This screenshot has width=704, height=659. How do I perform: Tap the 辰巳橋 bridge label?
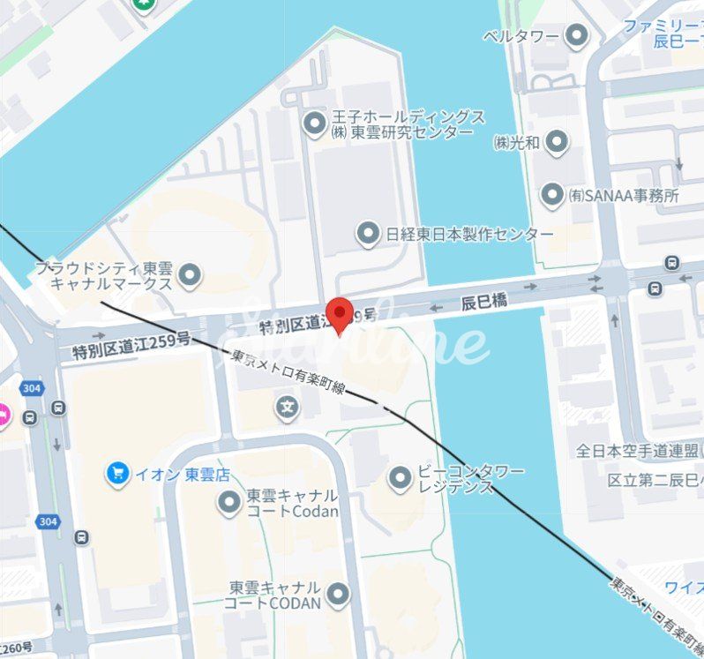click(484, 302)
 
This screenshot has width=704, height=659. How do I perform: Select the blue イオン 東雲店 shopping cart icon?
click(117, 474)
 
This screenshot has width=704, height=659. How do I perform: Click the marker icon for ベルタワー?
click(577, 36)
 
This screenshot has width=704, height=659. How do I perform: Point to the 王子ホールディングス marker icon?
click(314, 124)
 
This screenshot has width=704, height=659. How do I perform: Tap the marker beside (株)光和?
click(556, 141)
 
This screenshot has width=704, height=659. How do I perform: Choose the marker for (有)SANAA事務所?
click(552, 195)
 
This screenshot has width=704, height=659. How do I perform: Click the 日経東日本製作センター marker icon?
click(368, 234)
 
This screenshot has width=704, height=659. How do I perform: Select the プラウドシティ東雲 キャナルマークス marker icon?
click(189, 276)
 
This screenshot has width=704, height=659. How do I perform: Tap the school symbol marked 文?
click(286, 407)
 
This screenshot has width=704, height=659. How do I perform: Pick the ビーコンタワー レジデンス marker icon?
click(400, 478)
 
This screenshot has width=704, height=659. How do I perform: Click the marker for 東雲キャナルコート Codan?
click(229, 503)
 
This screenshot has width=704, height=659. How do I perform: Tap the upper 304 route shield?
click(33, 388)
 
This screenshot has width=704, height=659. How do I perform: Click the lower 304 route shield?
click(48, 522)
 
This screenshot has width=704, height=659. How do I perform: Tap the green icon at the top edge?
click(144, 4)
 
